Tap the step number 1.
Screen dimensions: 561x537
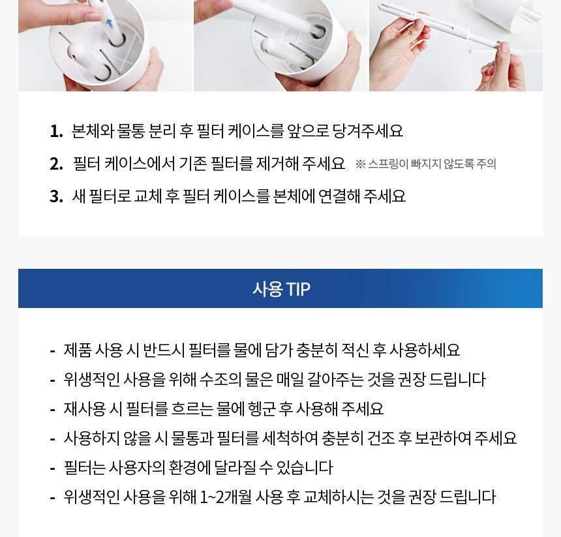coord(56,131)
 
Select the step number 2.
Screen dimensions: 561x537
coord(56,164)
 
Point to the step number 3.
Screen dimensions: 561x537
coord(56,196)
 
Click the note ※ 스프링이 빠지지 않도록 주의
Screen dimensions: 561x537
coord(426,164)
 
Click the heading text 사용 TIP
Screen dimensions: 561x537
coord(281,288)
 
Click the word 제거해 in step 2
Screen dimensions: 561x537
coord(277,164)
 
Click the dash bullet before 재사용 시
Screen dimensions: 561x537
coord(53,410)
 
